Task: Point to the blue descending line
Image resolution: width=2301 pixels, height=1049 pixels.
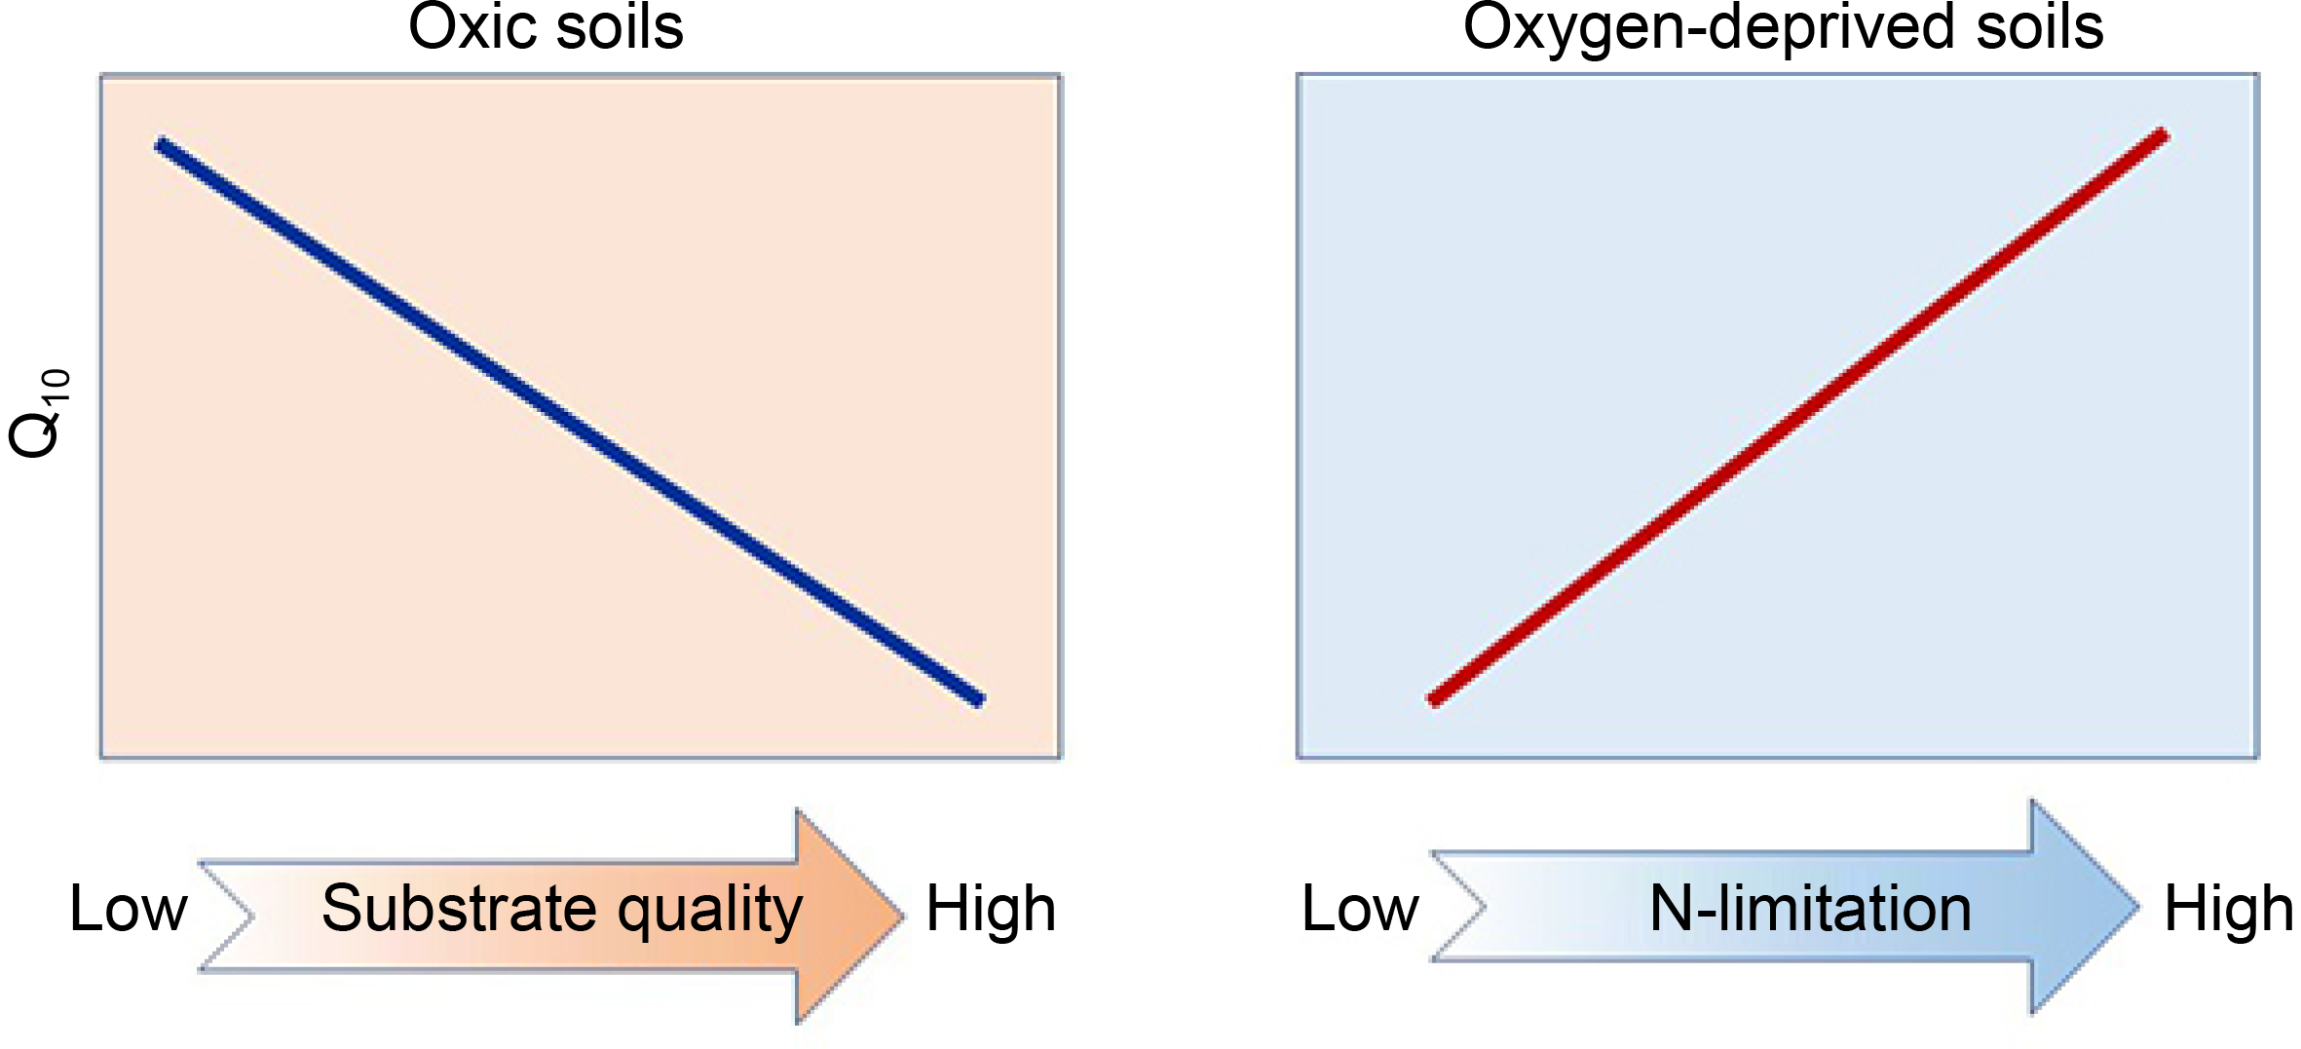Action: pyautogui.click(x=570, y=422)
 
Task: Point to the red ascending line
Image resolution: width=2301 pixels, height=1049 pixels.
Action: pyautogui.click(x=1797, y=417)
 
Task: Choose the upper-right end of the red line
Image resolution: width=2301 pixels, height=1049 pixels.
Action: pyautogui.click(x=2162, y=135)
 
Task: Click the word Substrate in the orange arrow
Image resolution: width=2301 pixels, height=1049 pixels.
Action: pyautogui.click(x=460, y=909)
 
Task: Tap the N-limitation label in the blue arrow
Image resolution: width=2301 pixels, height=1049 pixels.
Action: pyautogui.click(x=1810, y=909)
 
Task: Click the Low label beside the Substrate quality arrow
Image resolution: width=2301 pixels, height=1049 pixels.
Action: pyautogui.click(x=129, y=909)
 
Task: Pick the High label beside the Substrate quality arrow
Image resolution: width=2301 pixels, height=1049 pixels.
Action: pyautogui.click(x=991, y=909)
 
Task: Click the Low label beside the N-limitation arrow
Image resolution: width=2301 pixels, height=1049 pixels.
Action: pyautogui.click(x=1361, y=909)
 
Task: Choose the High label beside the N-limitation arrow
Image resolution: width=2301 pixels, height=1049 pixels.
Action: pyautogui.click(x=2229, y=909)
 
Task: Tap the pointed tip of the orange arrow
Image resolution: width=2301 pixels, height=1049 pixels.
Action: pyautogui.click(x=900, y=916)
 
